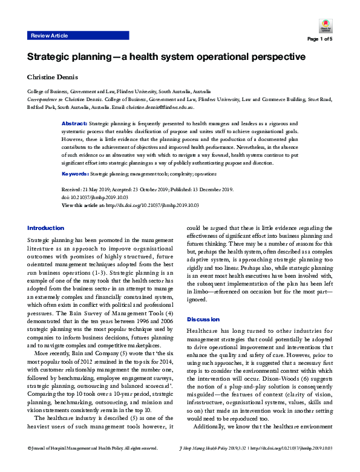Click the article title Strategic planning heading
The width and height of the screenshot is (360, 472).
point(165,57)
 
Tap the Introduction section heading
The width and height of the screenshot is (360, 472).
point(45,228)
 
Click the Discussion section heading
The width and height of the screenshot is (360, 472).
point(203,319)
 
